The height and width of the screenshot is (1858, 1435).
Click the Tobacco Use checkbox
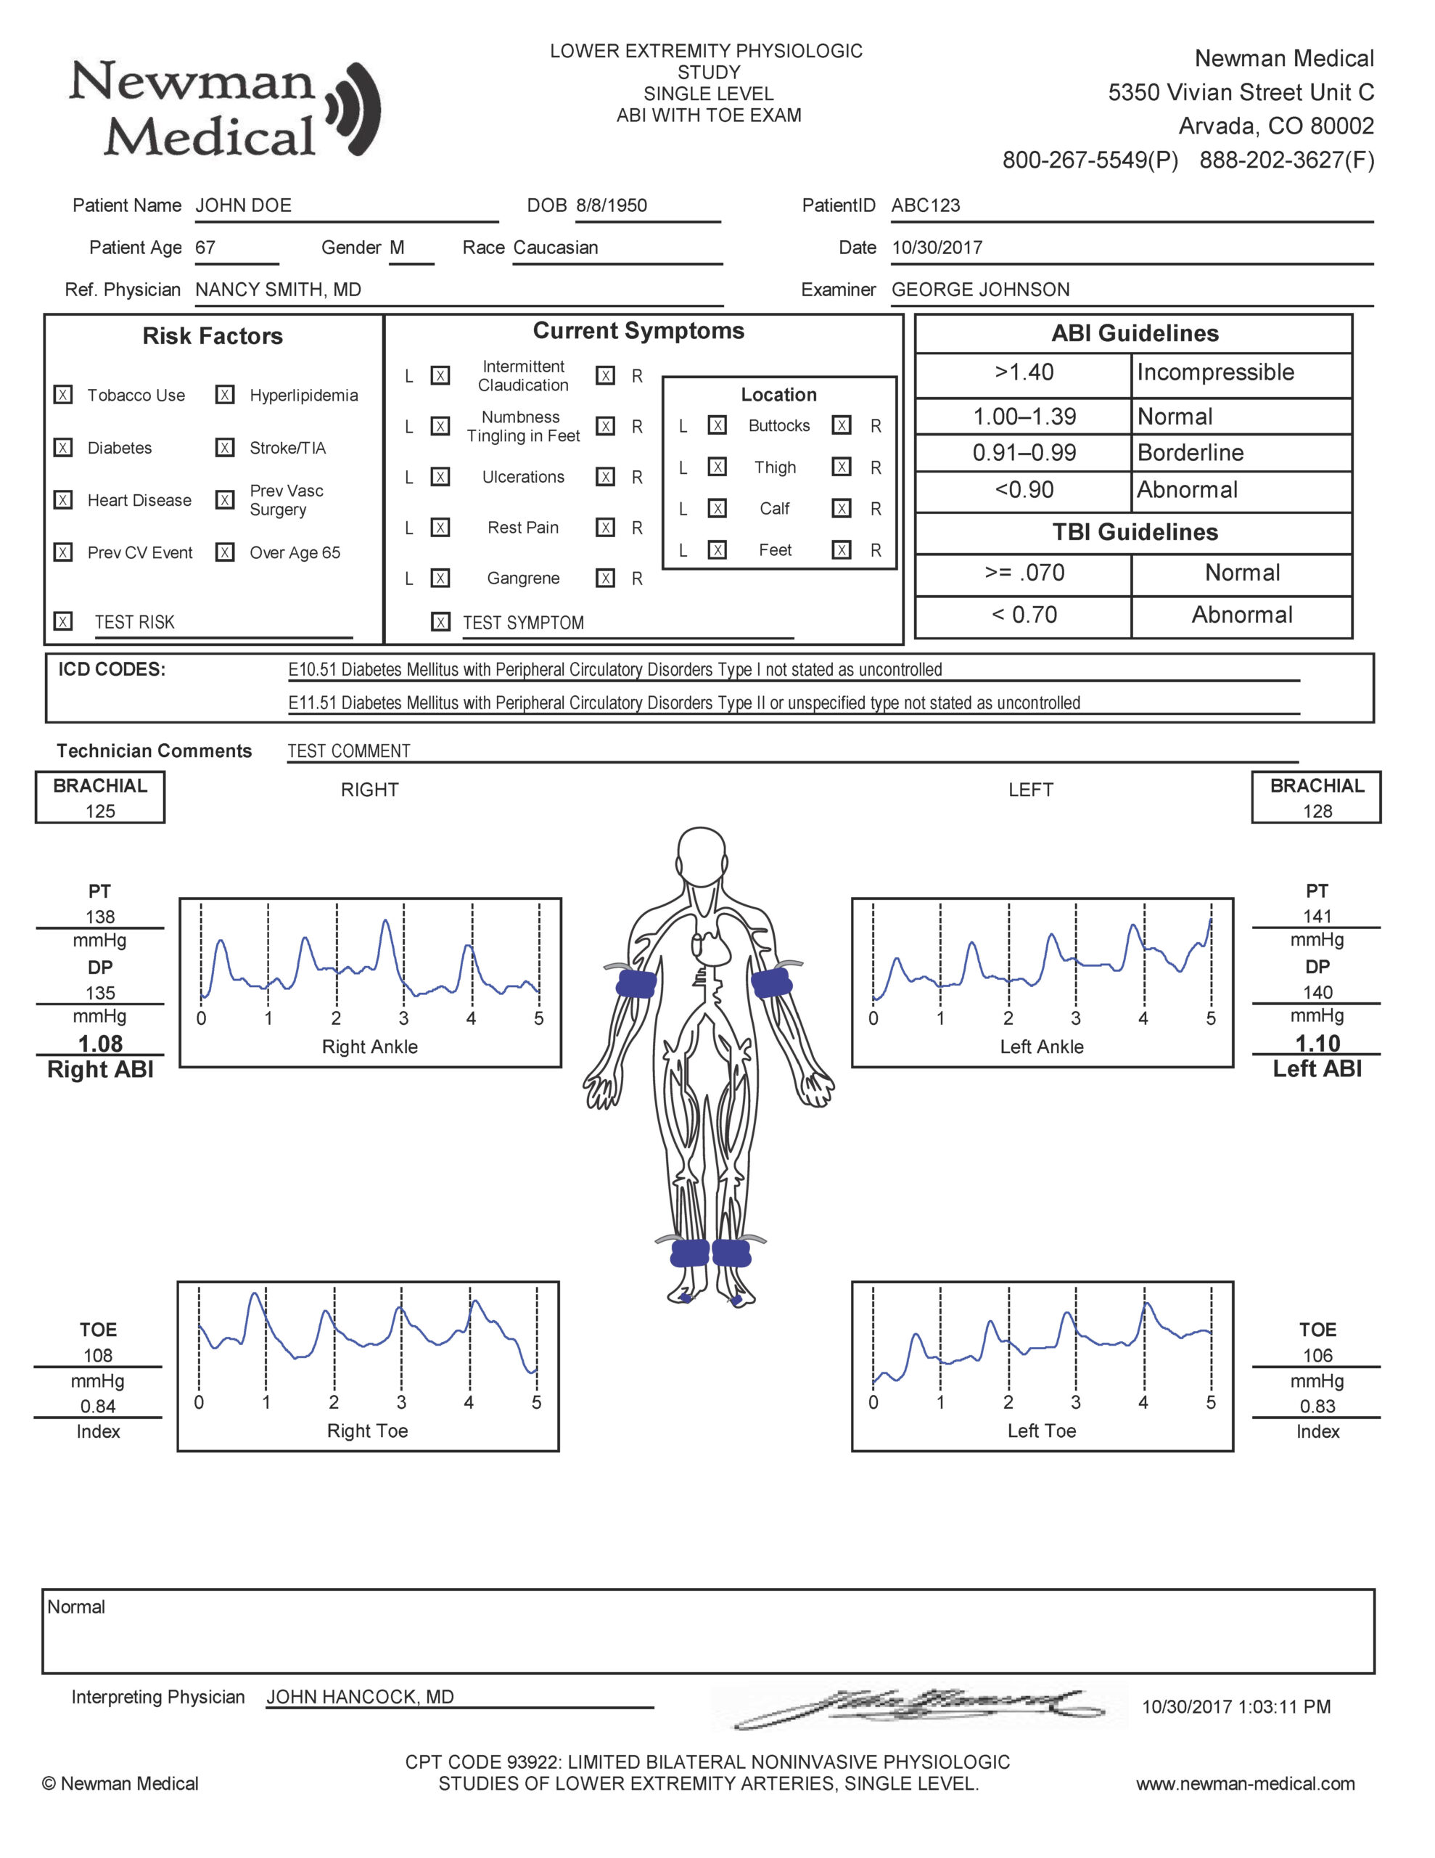[x=63, y=395]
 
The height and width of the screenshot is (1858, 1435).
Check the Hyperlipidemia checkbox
[x=225, y=395]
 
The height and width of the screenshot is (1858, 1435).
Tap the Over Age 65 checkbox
[x=225, y=552]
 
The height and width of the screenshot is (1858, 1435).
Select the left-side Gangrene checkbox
[x=440, y=578]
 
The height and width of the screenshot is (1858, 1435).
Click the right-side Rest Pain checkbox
[x=605, y=528]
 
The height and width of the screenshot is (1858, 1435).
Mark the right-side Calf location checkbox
[x=842, y=508]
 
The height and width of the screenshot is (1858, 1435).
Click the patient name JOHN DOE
[x=243, y=205]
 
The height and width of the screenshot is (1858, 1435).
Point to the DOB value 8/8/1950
[x=611, y=205]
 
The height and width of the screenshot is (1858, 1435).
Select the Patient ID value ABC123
[x=926, y=205]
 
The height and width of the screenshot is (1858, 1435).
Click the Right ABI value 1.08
[x=100, y=1044]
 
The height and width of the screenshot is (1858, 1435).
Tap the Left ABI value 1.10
[x=1317, y=1043]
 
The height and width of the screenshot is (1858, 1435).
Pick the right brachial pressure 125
[x=100, y=811]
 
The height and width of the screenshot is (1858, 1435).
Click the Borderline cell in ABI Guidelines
[x=1190, y=453]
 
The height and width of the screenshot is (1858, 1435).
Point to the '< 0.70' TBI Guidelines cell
[x=1024, y=614]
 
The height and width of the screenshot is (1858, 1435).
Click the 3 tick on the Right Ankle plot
[x=403, y=1018]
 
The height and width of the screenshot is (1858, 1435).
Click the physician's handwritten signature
[x=918, y=1706]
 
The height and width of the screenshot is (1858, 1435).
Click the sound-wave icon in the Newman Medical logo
[x=355, y=108]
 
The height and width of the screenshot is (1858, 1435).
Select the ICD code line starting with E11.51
[x=684, y=703]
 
